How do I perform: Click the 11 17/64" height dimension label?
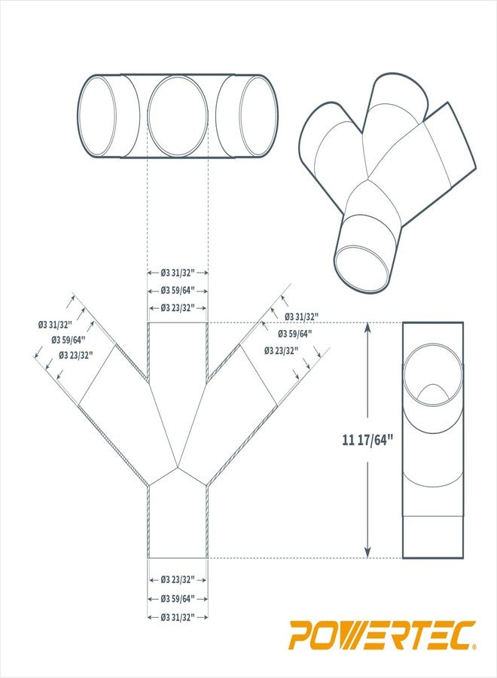click(369, 441)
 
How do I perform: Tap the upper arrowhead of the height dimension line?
click(367, 327)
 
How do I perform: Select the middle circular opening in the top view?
click(177, 116)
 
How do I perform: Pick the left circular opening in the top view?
click(98, 116)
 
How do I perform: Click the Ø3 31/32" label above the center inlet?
click(178, 273)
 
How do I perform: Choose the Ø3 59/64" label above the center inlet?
click(178, 290)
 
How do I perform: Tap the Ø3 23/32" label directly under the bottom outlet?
click(178, 579)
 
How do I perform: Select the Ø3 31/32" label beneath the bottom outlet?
click(178, 617)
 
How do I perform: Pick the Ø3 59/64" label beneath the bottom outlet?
click(178, 598)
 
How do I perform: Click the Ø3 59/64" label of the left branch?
click(69, 340)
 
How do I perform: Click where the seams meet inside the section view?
click(178, 466)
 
